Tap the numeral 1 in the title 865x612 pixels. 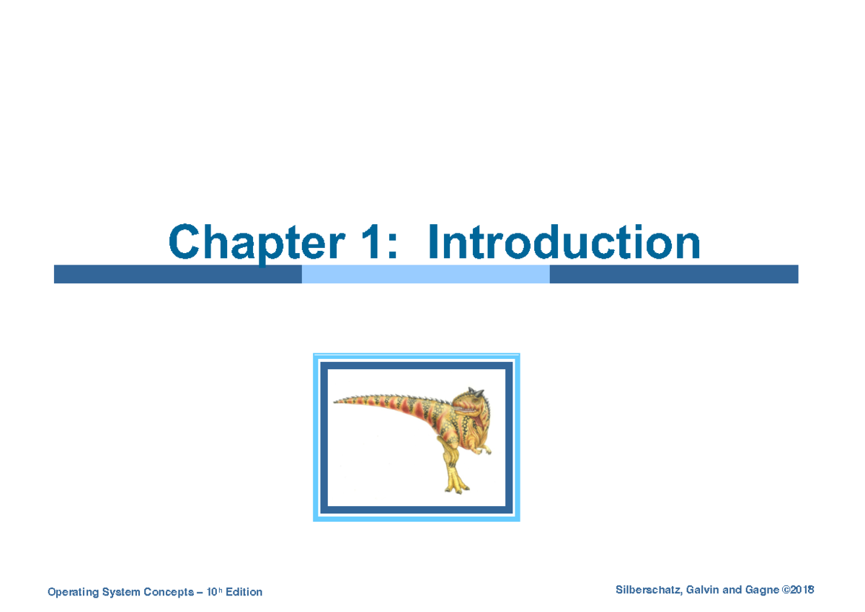(x=372, y=243)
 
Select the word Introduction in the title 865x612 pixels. (x=563, y=243)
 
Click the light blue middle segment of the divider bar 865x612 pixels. (x=425, y=274)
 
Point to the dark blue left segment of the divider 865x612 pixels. (x=177, y=274)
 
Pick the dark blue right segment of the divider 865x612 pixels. (x=673, y=274)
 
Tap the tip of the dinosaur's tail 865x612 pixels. (x=336, y=402)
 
